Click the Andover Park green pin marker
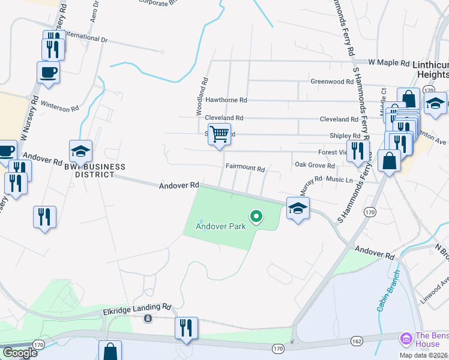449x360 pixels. (x=256, y=216)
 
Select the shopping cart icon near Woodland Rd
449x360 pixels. (x=220, y=134)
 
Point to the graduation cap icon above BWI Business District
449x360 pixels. (x=80, y=151)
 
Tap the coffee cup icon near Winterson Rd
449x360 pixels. (x=48, y=73)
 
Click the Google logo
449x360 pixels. (x=20, y=353)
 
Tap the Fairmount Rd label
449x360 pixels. (x=245, y=169)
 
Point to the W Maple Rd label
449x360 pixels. (x=388, y=62)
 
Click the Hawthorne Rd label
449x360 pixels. (x=226, y=100)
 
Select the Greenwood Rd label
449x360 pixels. (x=331, y=82)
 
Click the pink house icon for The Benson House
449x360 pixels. (x=406, y=339)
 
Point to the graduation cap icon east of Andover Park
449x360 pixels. (x=298, y=208)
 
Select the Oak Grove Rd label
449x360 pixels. (x=314, y=165)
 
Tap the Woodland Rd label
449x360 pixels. (x=200, y=96)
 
